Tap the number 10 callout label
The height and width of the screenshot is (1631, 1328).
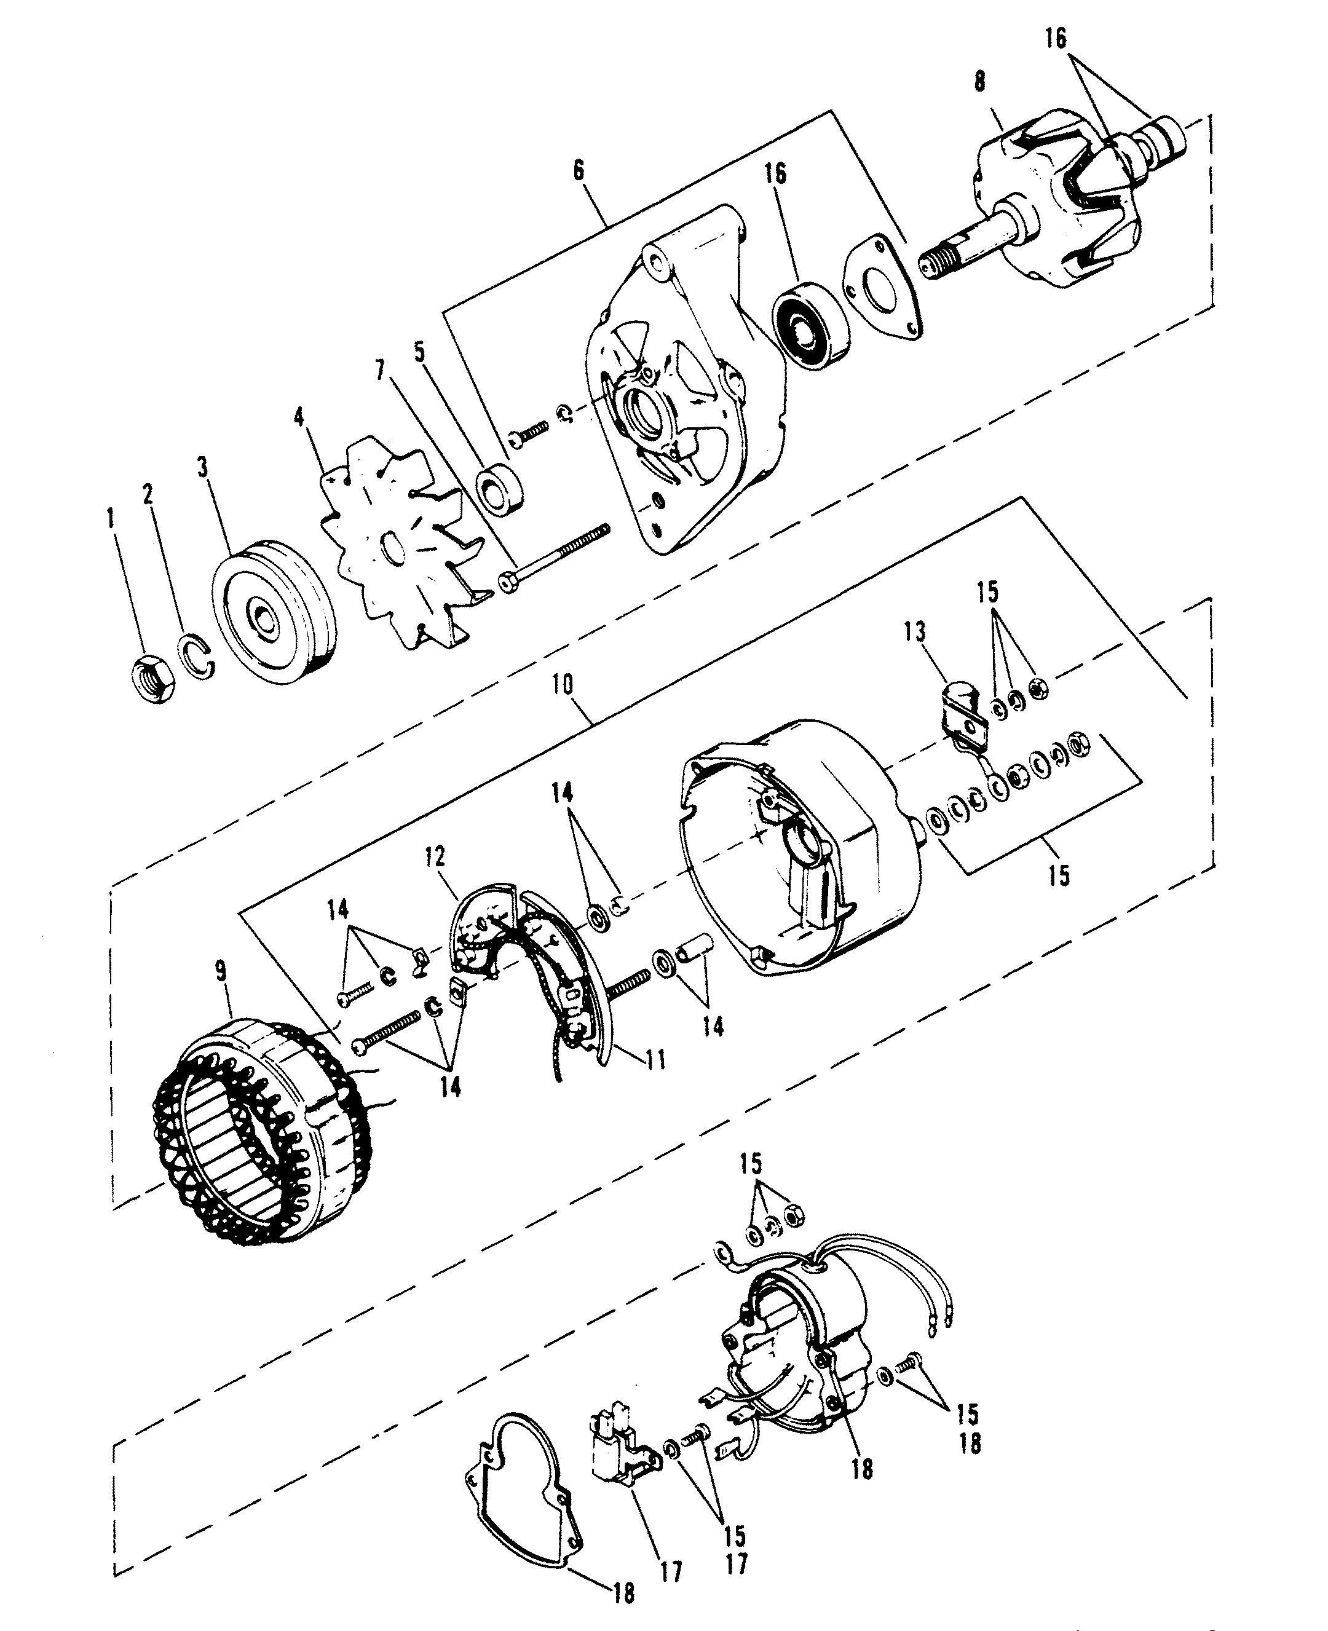pyautogui.click(x=563, y=685)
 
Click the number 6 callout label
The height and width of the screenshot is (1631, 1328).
pyautogui.click(x=579, y=172)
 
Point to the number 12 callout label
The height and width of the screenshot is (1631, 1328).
pyautogui.click(x=436, y=857)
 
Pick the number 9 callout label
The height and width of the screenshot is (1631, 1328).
pyautogui.click(x=221, y=971)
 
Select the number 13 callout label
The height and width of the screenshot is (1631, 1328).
pyautogui.click(x=914, y=632)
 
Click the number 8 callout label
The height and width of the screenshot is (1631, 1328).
pyautogui.click(x=980, y=82)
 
